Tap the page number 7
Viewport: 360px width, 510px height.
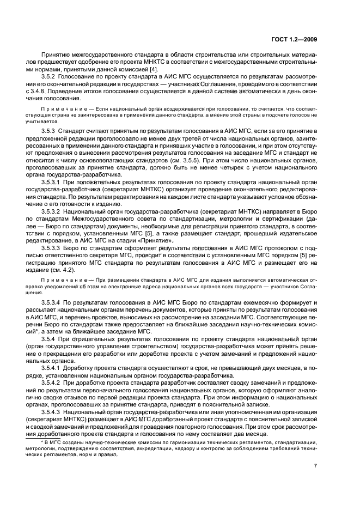click(315, 466)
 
